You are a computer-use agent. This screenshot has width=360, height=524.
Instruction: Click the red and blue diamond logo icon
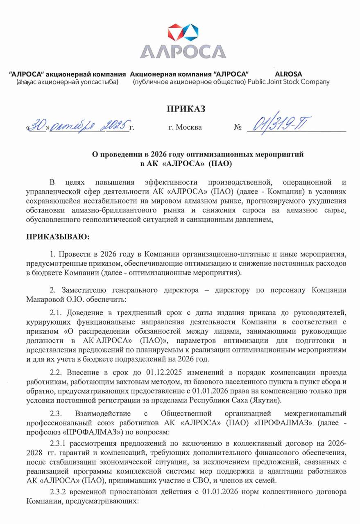pos(183,32)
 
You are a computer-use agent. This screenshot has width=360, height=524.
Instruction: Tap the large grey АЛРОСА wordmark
pos(183,51)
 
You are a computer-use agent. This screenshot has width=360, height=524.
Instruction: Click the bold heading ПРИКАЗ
pos(186,108)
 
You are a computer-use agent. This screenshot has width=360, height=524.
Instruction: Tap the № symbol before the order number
pos(238,127)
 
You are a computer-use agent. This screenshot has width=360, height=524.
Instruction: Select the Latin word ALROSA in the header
pos(288,74)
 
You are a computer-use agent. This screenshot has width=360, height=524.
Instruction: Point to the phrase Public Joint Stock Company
pos(289,82)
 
